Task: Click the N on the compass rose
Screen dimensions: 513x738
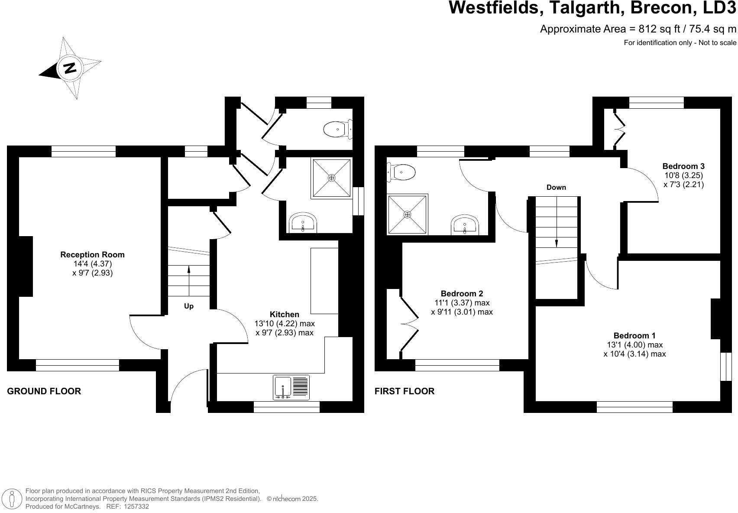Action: (x=69, y=68)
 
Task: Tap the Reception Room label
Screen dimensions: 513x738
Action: (x=92, y=255)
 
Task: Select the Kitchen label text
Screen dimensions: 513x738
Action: (x=284, y=315)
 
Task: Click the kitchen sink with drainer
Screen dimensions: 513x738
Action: (x=291, y=387)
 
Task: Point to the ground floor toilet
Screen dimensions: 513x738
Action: (x=338, y=129)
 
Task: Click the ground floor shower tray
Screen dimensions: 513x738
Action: (x=331, y=179)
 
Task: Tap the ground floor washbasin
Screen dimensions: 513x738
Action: (x=303, y=223)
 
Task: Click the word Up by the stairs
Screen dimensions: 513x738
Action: (x=189, y=306)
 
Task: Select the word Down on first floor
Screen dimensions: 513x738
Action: (x=556, y=188)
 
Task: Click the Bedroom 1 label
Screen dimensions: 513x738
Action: (x=634, y=336)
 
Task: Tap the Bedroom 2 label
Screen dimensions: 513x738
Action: (x=462, y=294)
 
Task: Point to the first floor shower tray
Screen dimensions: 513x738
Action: (x=407, y=214)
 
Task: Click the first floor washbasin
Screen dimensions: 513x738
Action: (x=465, y=225)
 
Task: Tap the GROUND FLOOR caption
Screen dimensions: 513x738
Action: (x=44, y=391)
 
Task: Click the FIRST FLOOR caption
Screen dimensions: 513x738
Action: (x=405, y=391)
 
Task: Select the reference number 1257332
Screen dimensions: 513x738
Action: (x=136, y=506)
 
